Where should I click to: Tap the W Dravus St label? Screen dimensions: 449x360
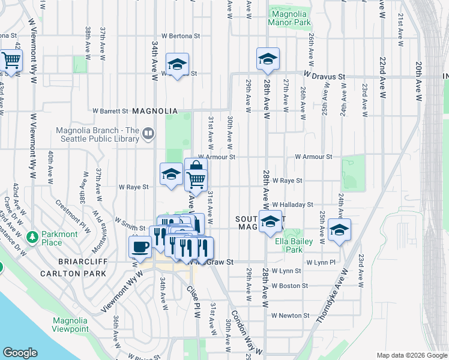(324, 77)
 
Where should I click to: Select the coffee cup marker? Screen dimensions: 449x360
(140, 246)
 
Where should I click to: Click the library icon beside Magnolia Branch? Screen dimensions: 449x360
(148, 133)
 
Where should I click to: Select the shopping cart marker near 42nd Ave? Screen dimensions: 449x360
(11, 60)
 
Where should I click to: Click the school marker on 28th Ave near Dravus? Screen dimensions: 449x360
(268, 58)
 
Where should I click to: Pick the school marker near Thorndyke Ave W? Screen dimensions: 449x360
(339, 230)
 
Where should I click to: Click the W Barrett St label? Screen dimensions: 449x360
(110, 111)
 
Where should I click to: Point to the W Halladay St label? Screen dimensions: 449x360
(292, 205)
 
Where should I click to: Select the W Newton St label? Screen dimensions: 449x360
(290, 316)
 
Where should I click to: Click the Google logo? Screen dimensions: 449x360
(20, 353)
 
